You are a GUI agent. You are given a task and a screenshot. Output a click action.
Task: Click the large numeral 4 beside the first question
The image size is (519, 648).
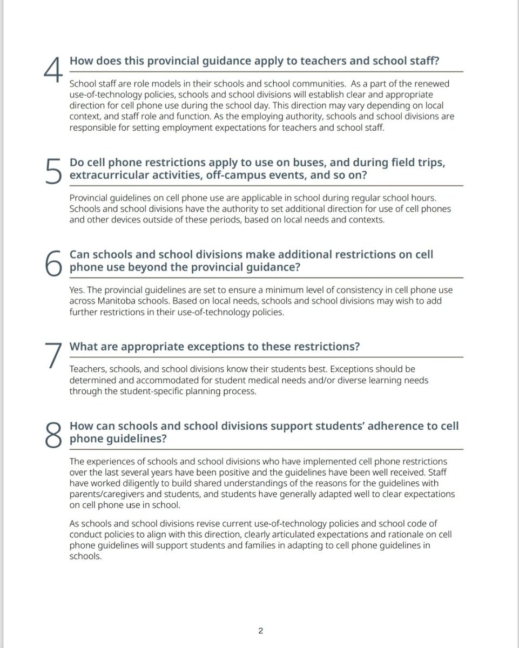[52, 69]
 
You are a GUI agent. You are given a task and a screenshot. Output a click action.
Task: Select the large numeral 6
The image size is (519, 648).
[52, 262]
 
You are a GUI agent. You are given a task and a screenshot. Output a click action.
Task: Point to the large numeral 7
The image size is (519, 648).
[52, 355]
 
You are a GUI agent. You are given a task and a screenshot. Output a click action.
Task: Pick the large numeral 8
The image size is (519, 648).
[52, 435]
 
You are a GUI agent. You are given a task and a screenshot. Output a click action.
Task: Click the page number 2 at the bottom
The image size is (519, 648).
[260, 630]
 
